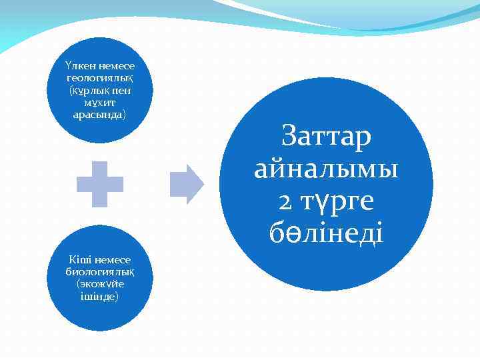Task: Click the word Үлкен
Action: point(81,66)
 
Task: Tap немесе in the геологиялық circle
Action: point(116,66)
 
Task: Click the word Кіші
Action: point(82,259)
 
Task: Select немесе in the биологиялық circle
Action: point(113,259)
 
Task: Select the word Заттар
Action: point(327,136)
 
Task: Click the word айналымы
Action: point(327,169)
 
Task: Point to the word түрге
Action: point(339,201)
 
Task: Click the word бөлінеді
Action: point(327,233)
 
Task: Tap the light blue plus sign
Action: point(100,183)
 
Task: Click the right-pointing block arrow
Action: point(187,183)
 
